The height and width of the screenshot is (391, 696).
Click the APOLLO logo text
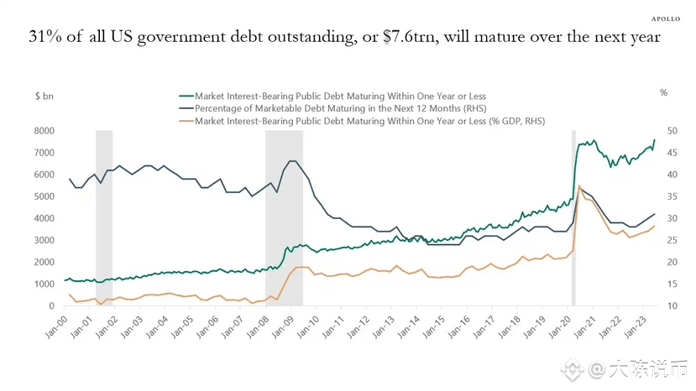667,18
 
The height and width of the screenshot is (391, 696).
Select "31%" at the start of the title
45,38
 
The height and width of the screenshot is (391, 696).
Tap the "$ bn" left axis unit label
44,96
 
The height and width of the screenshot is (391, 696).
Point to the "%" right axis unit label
663,92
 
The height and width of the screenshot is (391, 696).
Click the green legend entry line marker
185,96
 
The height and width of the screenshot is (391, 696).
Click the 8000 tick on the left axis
44,131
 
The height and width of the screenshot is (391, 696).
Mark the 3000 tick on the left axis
44,241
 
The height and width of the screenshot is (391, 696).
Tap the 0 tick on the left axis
51,306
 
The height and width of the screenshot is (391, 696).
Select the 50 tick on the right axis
662,131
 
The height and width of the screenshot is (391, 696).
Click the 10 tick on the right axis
662,306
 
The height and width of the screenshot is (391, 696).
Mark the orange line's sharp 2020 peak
579,186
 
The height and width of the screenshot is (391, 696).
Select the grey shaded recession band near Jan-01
104,218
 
